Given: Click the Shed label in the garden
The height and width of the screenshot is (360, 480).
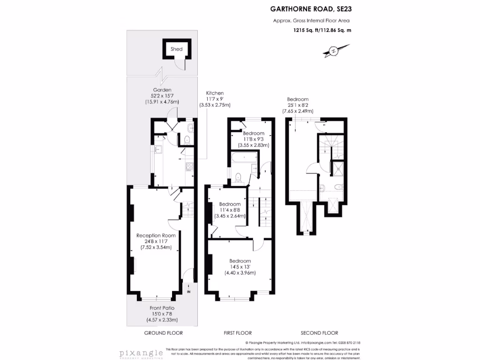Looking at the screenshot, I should tap(176, 49).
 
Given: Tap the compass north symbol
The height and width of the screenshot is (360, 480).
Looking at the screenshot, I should tap(333, 50).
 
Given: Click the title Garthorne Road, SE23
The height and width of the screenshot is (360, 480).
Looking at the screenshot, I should tap(310, 8).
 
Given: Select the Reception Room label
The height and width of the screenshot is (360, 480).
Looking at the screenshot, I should tap(156, 235).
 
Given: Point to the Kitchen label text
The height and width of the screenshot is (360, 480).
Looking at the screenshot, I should tap(214, 93).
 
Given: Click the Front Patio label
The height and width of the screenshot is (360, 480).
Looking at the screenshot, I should tap(162, 308).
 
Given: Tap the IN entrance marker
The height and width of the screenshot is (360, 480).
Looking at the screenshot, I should tap(189, 292).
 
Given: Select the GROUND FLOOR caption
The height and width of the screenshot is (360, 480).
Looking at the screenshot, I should tap(163, 333).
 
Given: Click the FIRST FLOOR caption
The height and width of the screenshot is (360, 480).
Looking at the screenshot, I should tap(238, 333).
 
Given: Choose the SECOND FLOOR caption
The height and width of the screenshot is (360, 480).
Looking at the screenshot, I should tap(320, 333).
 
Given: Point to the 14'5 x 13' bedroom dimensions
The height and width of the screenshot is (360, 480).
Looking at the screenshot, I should tap(240, 267).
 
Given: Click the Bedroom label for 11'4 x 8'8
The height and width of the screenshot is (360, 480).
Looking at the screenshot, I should tap(230, 204).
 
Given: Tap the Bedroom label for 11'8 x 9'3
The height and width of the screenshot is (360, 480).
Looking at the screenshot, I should tap(254, 134).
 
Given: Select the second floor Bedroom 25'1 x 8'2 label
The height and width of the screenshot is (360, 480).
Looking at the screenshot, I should tap(298, 99).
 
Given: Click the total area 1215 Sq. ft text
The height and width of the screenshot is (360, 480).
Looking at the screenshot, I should tap(319, 30).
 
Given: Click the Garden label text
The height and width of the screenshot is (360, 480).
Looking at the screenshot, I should tap(162, 90).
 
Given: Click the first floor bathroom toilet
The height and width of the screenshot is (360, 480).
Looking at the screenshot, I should tap(239, 177).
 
